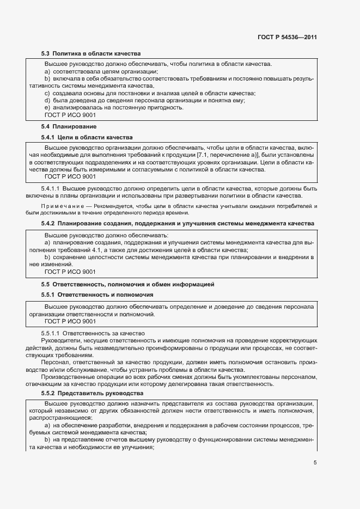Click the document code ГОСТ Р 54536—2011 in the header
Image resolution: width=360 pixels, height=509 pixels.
[x=287, y=38]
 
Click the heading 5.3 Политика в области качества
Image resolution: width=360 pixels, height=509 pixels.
[x=91, y=54]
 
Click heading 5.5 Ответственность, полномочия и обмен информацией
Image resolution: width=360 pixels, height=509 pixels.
[x=127, y=284]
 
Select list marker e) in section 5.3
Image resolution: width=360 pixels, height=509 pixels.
[x=47, y=108]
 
